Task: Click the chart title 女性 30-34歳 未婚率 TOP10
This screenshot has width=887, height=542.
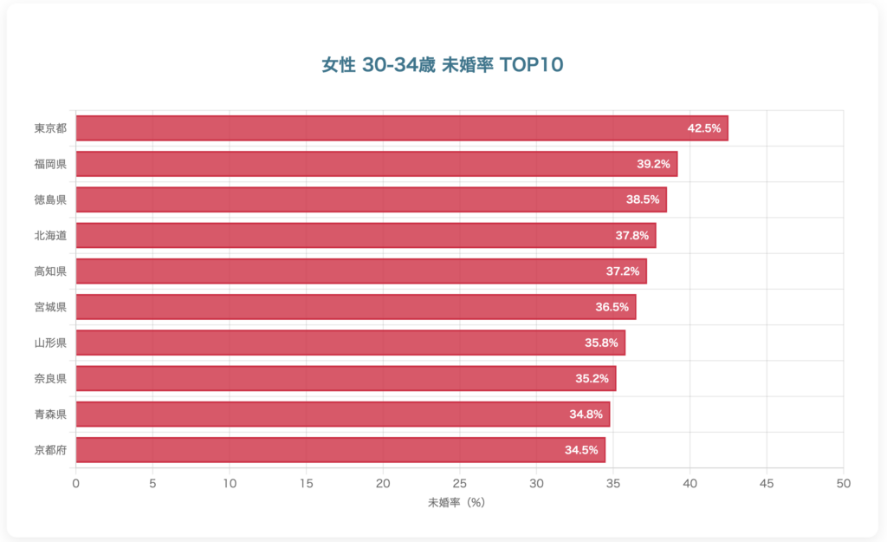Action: [x=443, y=66]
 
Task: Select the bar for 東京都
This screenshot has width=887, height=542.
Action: [x=402, y=128]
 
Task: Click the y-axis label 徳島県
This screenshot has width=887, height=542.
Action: [x=50, y=199]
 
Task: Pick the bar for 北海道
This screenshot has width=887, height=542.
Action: [x=366, y=235]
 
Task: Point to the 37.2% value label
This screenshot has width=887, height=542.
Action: [x=623, y=271]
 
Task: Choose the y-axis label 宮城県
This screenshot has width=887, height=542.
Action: [x=50, y=307]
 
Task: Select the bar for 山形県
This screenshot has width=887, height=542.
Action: [x=350, y=343]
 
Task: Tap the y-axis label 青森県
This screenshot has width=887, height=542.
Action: [x=50, y=415]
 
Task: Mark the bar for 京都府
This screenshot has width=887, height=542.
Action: [x=340, y=450]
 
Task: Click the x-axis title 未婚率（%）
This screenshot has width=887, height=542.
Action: [x=459, y=502]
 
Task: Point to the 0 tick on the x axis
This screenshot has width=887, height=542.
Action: [x=76, y=482]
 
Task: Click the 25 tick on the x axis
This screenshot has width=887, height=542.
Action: [x=460, y=482]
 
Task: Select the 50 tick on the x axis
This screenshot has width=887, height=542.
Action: [x=844, y=482]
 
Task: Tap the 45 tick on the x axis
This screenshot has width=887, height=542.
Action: [x=767, y=482]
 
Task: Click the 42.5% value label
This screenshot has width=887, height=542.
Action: [x=704, y=128]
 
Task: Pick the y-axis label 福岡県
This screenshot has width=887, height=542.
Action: [x=50, y=164]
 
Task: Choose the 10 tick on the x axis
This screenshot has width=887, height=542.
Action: [x=230, y=482]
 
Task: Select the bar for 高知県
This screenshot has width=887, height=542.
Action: [x=361, y=271]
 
